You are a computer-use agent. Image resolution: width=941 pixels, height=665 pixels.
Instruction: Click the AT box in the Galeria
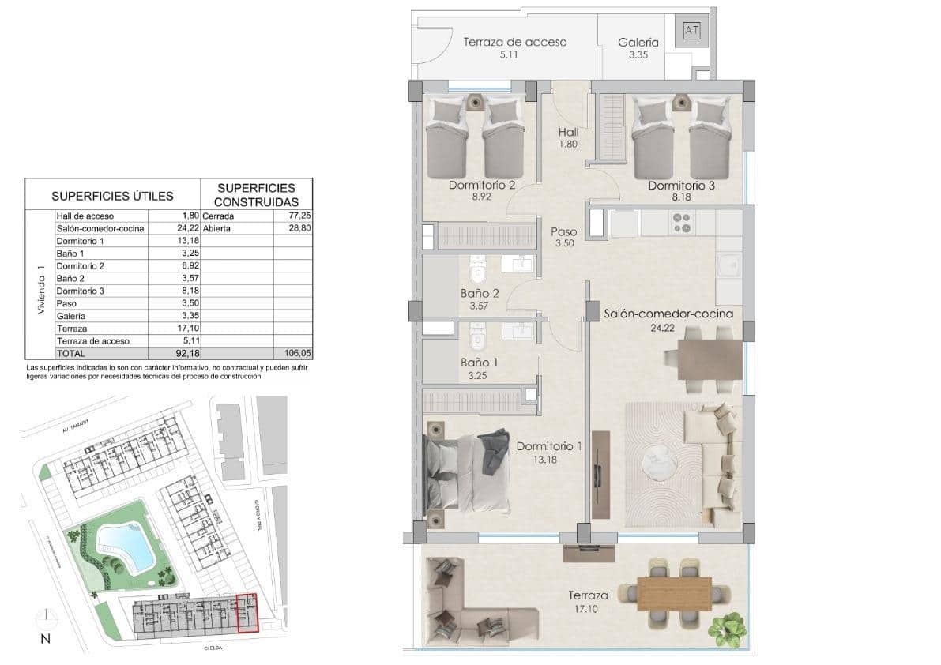click(x=692, y=31)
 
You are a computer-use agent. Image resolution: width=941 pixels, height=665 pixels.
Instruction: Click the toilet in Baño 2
click(x=476, y=272)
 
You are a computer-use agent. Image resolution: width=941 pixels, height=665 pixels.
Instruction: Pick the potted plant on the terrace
click(x=727, y=628)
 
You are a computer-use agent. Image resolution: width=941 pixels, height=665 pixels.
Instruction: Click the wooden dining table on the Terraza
click(x=674, y=592)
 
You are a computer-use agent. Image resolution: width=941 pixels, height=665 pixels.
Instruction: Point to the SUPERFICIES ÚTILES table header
click(x=112, y=195)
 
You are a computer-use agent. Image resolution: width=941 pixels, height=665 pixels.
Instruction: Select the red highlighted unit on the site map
click(x=248, y=613)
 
